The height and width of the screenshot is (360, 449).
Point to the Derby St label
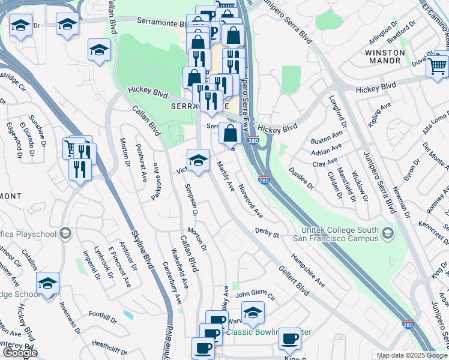[x=267, y=232]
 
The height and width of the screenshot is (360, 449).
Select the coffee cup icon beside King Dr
[x=290, y=338]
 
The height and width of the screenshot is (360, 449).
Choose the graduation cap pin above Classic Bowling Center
[x=253, y=312]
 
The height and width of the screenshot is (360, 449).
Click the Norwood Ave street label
[x=250, y=200]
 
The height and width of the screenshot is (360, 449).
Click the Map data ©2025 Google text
[x=411, y=355]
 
